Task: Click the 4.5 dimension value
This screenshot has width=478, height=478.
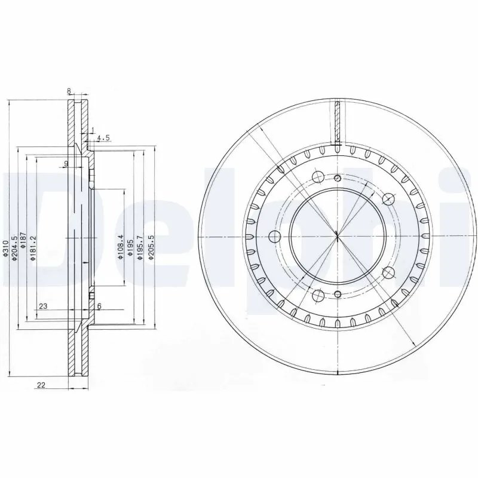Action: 103,137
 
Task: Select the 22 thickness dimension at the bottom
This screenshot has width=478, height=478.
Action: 42,385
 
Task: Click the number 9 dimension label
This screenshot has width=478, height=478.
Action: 66,163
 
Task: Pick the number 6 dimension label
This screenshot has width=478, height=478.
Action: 99,306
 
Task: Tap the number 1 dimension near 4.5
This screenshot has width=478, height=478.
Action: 93,129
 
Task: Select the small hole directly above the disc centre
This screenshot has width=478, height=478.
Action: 338,178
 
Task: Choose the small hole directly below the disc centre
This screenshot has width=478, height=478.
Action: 338,293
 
